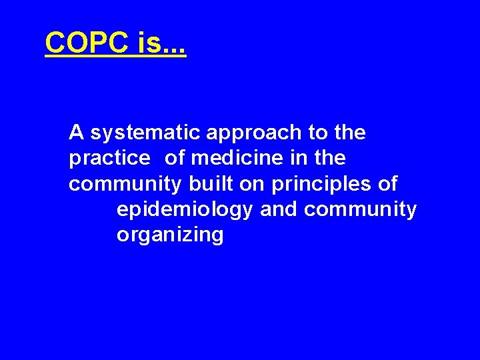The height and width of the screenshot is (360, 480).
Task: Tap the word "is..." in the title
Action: point(161,44)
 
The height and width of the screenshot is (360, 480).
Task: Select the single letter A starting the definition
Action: point(76,133)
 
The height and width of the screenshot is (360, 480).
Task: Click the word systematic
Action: point(145,133)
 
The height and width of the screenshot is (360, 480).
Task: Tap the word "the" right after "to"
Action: point(350,133)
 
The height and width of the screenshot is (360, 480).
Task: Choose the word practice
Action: point(109,159)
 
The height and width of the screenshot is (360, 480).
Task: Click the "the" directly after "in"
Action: point(330,158)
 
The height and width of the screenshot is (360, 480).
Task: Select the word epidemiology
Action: point(185,210)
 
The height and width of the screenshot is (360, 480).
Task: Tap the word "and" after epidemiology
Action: point(279,209)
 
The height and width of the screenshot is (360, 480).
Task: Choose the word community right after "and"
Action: point(360,210)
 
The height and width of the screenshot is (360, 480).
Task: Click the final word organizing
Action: point(170,235)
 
